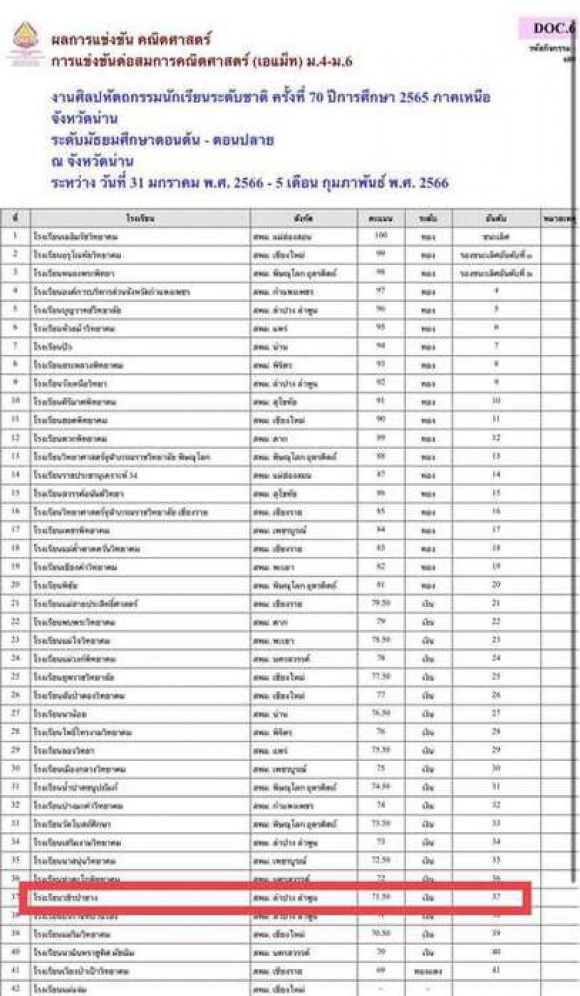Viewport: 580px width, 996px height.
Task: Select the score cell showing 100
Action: pyautogui.click(x=381, y=236)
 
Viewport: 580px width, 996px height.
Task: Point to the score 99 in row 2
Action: pyautogui.click(x=381, y=254)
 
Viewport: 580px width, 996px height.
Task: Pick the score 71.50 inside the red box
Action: pyautogui.click(x=381, y=897)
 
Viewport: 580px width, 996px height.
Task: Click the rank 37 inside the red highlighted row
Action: pyautogui.click(x=496, y=897)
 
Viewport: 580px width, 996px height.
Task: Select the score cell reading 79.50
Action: pyautogui.click(x=381, y=603)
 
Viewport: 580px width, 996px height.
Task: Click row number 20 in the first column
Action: pyautogui.click(x=16, y=585)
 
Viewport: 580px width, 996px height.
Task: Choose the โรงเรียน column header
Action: pyautogui.click(x=140, y=218)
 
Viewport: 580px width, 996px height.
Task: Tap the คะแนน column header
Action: pyautogui.click(x=381, y=218)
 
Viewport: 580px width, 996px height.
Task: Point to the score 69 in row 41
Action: pyautogui.click(x=381, y=970)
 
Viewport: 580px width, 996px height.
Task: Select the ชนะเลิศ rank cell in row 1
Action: pyautogui.click(x=496, y=237)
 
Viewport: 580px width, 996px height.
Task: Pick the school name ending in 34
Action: pyautogui.click(x=86, y=475)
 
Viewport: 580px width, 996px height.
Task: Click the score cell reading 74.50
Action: pyautogui.click(x=381, y=787)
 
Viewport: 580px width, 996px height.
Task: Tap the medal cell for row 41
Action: pyautogui.click(x=429, y=970)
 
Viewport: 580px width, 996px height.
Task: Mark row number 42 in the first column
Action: pyautogui.click(x=16, y=988)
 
